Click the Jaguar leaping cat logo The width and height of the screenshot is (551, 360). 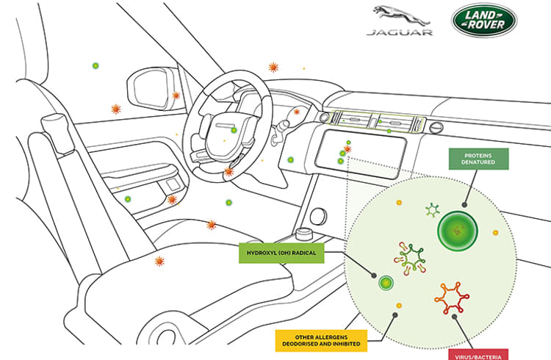coord(400,16)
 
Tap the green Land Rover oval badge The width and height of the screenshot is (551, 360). coord(484,20)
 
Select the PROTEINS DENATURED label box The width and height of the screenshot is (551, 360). coord(478,159)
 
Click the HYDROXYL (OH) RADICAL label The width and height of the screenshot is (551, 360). coord(281,253)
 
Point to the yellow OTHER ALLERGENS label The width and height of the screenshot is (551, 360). coord(321,340)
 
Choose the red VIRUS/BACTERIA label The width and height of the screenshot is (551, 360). coord(478,355)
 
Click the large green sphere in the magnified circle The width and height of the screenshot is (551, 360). coord(458,231)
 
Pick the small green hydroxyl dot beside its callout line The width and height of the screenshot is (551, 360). coord(386,283)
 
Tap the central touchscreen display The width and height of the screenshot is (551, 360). coord(360,152)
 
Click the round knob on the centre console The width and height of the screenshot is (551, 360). coord(318,216)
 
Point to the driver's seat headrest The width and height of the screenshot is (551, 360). coord(57,132)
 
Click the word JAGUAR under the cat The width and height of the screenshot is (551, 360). coord(400,32)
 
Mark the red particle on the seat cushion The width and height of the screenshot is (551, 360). coord(159,262)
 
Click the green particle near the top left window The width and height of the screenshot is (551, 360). coord(96,65)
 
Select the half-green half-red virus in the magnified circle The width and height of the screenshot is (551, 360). coord(410,259)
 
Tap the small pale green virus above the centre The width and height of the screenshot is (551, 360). coord(433,210)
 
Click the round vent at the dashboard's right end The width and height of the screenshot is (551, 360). coord(436,127)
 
